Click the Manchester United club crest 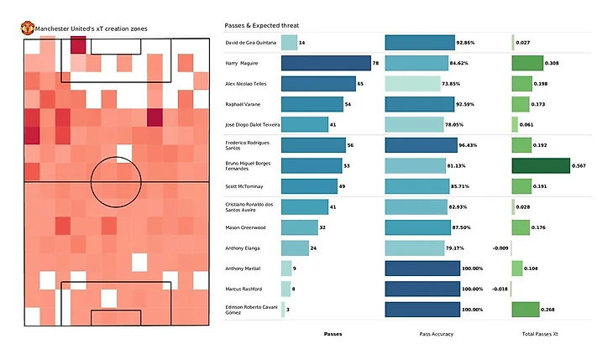pos(27,28)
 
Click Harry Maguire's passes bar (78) pos(326,63)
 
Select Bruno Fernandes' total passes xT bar pos(541,165)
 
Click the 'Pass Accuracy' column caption pos(437,334)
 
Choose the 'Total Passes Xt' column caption pos(539,334)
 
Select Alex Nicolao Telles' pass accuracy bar pos(412,84)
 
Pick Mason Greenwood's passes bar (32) pos(299,227)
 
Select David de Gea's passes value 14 pos(302,43)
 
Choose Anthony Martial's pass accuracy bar pos(422,269)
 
